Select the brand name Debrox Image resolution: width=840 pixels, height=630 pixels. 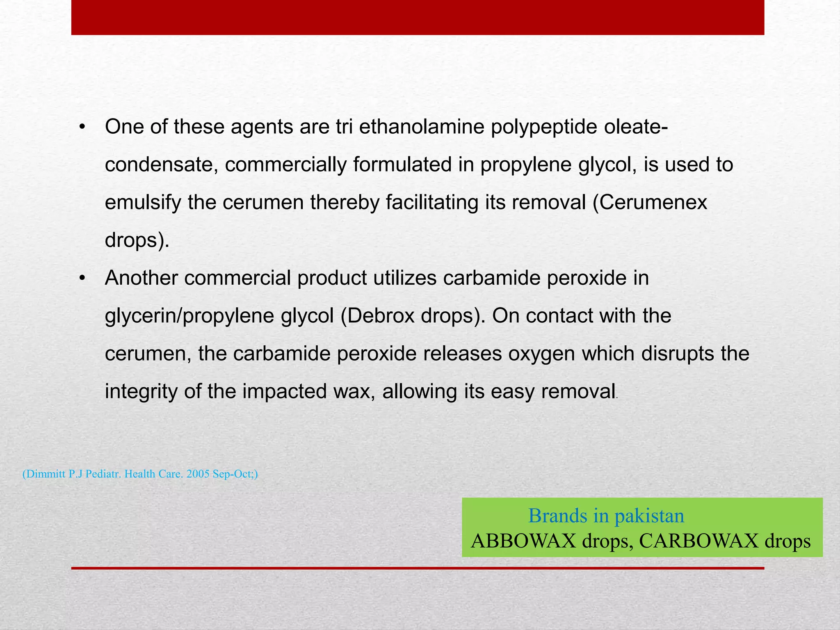pos(378,316)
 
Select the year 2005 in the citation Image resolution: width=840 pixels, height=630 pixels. pos(197,474)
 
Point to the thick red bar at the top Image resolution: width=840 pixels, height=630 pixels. pos(418,17)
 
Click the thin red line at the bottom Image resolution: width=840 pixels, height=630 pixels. pos(418,568)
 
